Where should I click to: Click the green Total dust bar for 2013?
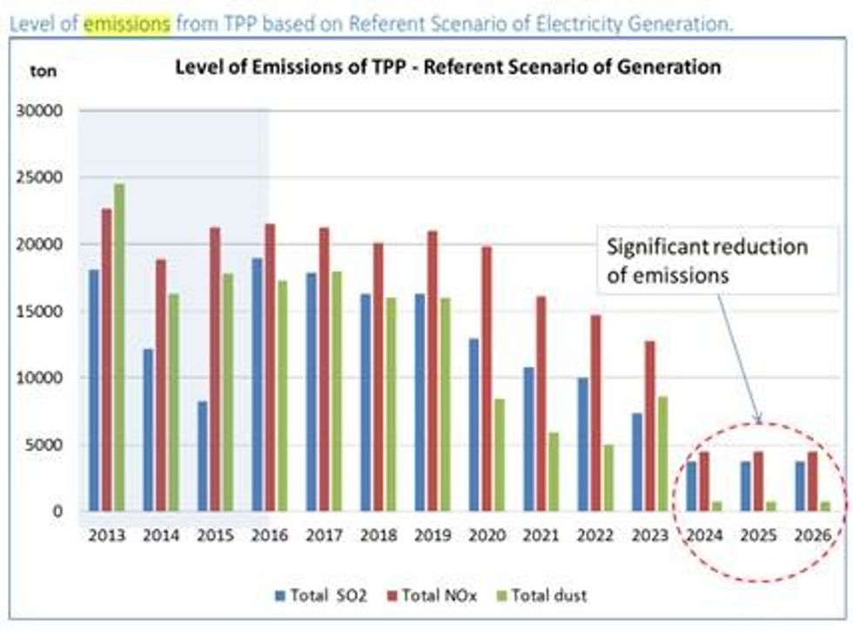point(118,347)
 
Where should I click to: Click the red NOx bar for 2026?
point(812,481)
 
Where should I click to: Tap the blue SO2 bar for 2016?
point(257,384)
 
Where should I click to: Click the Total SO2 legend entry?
point(319,595)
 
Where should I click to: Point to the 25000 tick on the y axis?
point(39,178)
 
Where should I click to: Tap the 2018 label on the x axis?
point(378,534)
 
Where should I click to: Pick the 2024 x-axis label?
point(703,534)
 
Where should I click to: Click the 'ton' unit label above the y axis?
point(43,71)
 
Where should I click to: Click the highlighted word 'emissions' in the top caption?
point(127,24)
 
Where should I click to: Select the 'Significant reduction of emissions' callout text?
point(707,259)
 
